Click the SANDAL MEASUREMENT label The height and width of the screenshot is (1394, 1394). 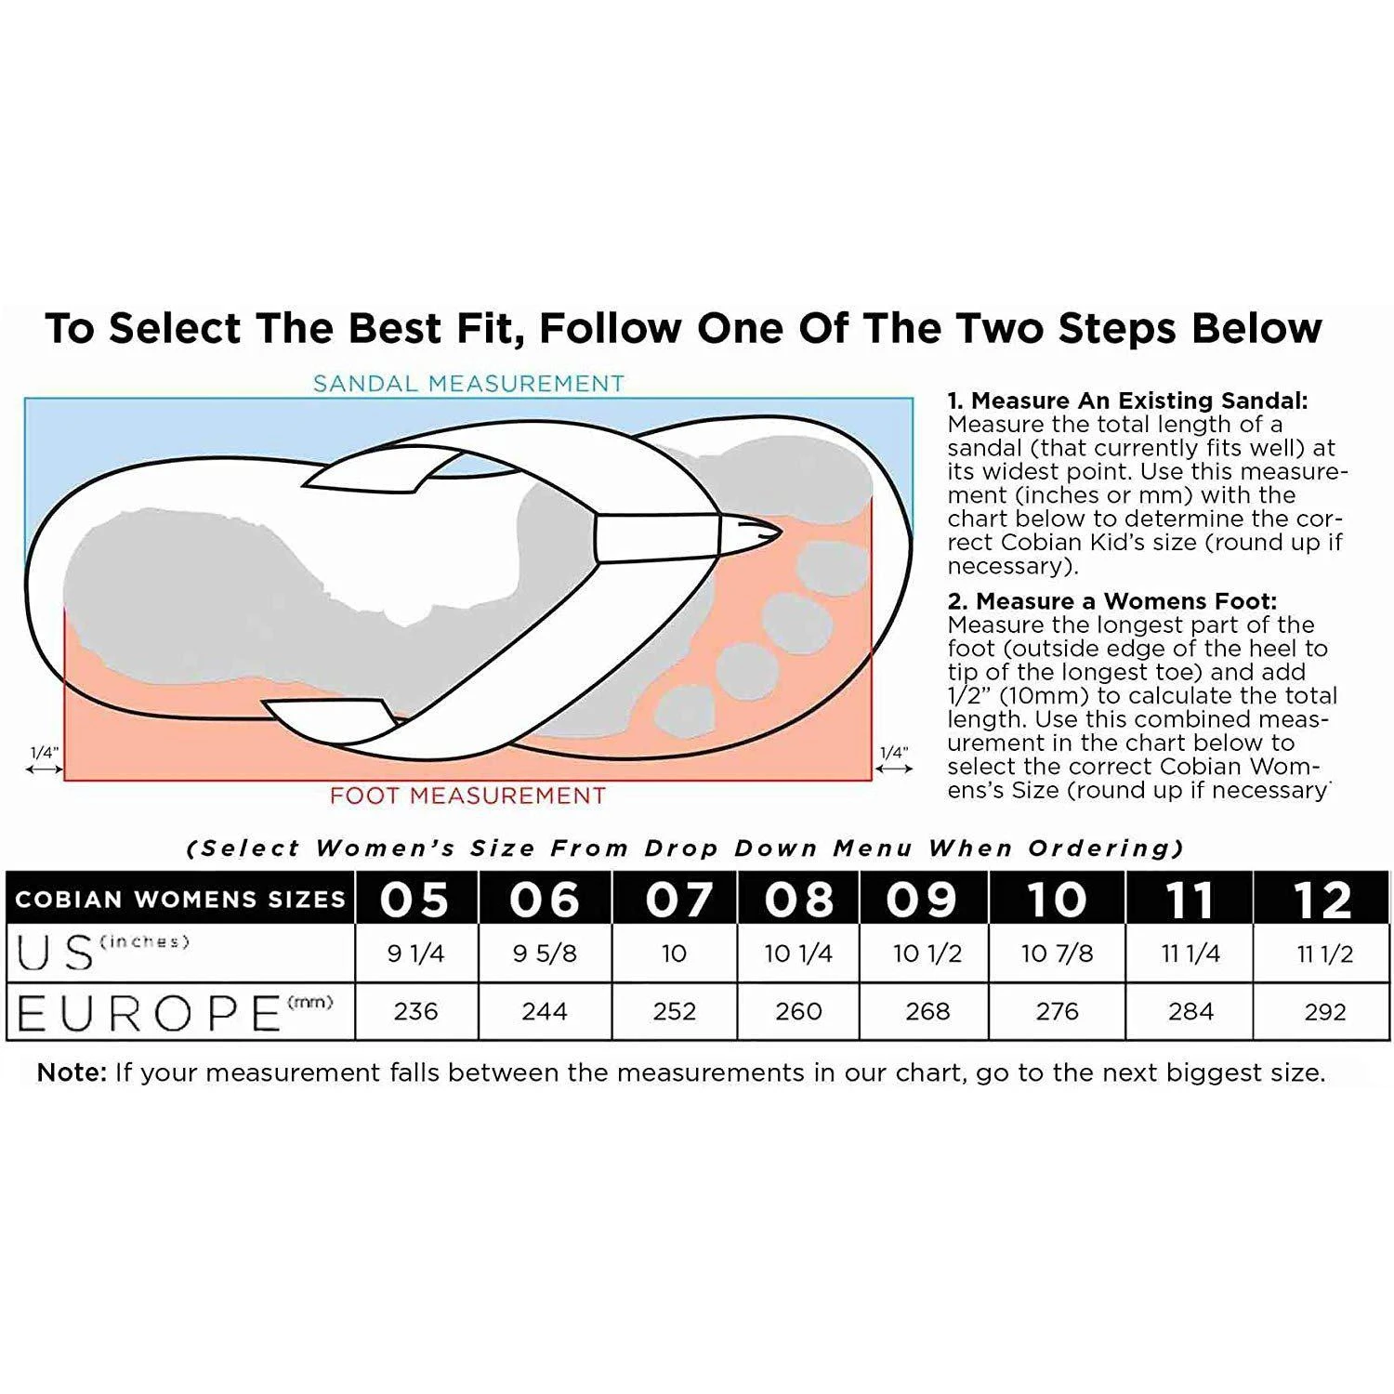(x=468, y=383)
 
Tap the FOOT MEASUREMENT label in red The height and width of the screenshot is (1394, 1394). (x=467, y=796)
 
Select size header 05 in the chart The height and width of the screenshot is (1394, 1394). (x=414, y=899)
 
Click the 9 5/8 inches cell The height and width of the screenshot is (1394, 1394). (x=545, y=953)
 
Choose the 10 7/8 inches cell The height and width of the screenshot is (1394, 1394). (x=1057, y=953)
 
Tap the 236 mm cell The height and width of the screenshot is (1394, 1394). (x=415, y=1011)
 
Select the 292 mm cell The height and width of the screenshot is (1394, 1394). (x=1324, y=1011)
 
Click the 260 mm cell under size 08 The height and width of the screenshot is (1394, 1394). (x=798, y=1011)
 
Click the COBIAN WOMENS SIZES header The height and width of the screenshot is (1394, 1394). (x=180, y=900)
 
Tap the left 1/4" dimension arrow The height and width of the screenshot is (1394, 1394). (x=45, y=769)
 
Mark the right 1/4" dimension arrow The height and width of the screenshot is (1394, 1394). (x=894, y=769)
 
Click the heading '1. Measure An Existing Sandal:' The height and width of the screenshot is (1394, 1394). (x=1127, y=401)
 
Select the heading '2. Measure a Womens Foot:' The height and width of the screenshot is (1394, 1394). (x=1112, y=601)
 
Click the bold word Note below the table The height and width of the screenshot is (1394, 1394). (x=72, y=1072)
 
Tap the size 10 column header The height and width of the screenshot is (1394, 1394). (x=1057, y=899)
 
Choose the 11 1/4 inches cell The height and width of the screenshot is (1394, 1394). (x=1190, y=953)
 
